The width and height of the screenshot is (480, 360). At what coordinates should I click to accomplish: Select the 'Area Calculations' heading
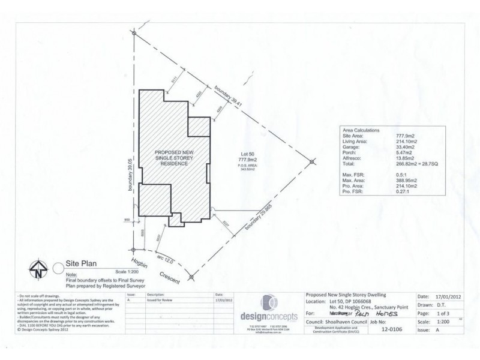pyautogui.click(x=361, y=129)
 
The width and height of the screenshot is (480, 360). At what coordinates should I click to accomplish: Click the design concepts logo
pyautogui.click(x=268, y=308)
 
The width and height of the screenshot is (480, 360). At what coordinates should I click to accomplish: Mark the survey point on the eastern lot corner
pyautogui.click(x=312, y=161)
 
